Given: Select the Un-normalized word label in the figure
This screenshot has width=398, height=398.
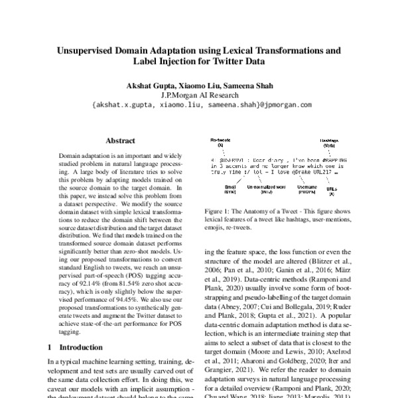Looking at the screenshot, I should (267, 188).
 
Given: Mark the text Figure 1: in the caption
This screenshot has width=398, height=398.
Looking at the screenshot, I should (218, 210).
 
